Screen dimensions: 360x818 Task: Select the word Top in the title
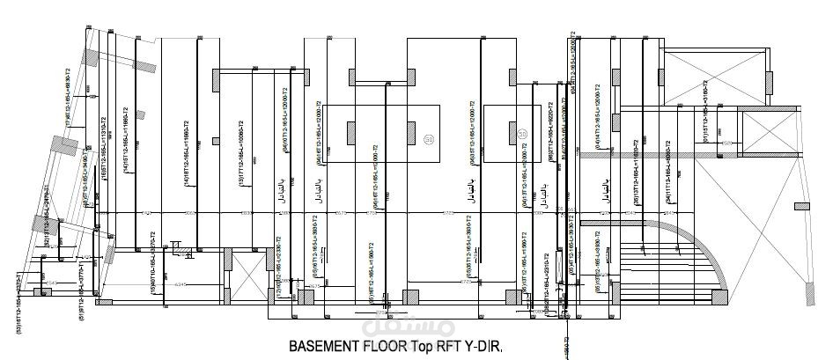421,347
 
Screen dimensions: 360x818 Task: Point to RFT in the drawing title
450,347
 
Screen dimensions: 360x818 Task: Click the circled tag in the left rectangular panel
429,138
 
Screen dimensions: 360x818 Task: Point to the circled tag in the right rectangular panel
522,133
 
